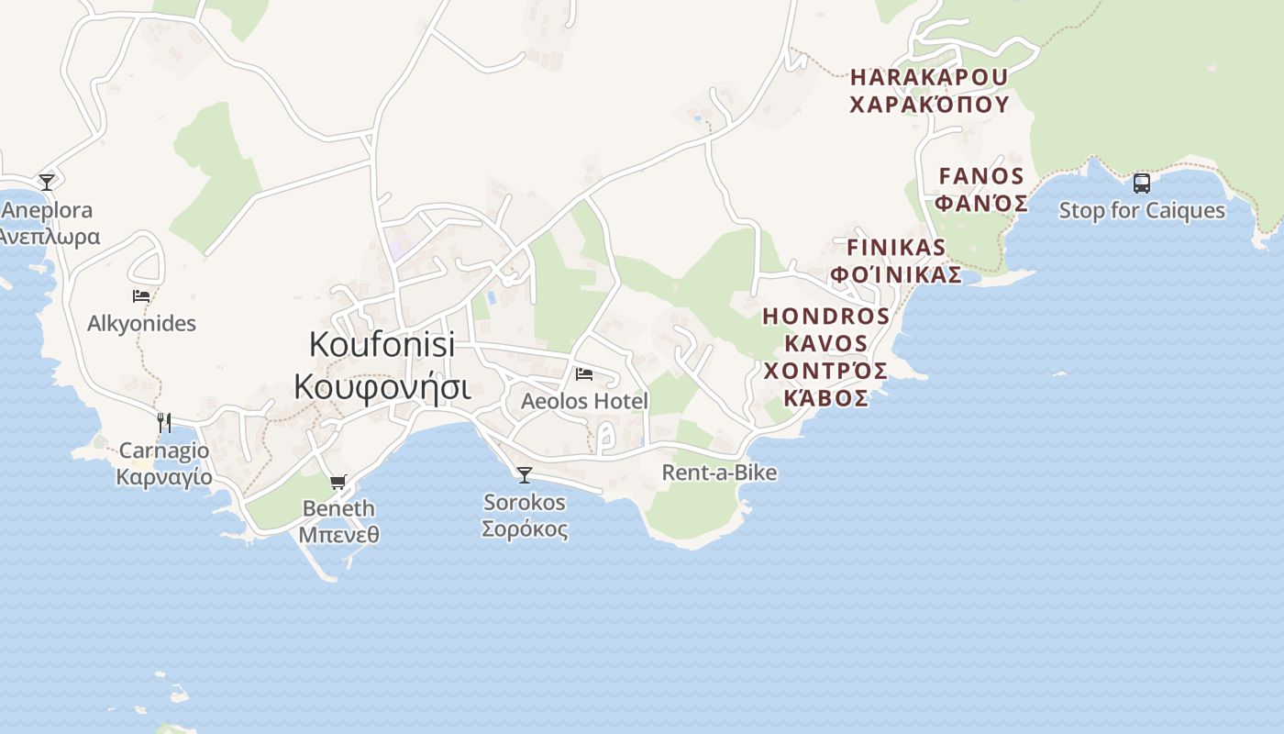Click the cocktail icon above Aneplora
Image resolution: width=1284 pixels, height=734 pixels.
pos(47,182)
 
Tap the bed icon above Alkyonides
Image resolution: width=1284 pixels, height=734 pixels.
pos(141,296)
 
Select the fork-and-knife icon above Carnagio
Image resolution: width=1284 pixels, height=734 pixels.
pos(164,422)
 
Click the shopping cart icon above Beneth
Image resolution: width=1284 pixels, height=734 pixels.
pos(338,482)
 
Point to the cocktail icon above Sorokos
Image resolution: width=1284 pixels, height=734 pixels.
pos(525,474)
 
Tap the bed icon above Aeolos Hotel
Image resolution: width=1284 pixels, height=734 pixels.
pos(584,374)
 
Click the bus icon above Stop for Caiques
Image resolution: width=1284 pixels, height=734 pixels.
pos(1142,183)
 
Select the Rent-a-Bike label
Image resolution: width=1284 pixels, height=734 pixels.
pos(719,473)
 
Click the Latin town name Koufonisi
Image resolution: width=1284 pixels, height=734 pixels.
pos(382,345)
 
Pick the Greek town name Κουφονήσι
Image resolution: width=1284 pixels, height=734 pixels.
pos(382,387)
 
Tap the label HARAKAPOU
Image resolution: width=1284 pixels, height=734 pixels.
pos(929,77)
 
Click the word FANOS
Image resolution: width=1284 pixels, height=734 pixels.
pos(981,176)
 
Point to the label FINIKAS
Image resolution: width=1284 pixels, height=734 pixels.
pos(896,248)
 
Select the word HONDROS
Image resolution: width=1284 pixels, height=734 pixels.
pos(826,317)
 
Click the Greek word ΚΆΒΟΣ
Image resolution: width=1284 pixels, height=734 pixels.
pos(826,398)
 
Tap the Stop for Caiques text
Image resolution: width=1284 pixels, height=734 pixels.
pos(1142,211)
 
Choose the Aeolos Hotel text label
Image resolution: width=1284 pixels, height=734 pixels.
pos(584,401)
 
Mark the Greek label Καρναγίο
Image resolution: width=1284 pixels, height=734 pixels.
pos(164,478)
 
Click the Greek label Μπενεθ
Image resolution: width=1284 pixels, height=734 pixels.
pos(338,534)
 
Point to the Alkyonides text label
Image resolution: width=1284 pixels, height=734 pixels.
pos(141,324)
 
